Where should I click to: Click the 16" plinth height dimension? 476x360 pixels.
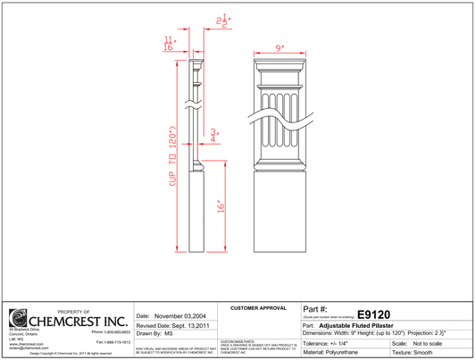(218, 206)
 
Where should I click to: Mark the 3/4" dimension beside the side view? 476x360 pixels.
(214, 136)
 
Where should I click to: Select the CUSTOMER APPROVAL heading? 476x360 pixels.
(259, 307)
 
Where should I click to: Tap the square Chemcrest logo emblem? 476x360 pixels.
(17, 318)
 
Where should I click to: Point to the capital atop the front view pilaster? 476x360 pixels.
(280, 71)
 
